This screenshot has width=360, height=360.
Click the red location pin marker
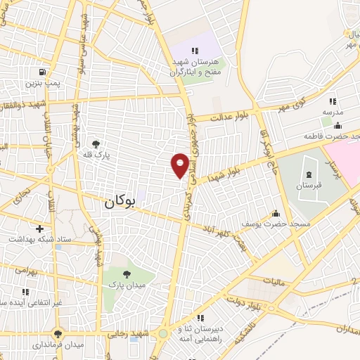[x=180, y=164]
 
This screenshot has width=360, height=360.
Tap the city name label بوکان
[x=120, y=202]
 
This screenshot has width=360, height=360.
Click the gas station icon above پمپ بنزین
[x=44, y=72]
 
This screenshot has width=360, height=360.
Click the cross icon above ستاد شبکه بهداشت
[x=40, y=229]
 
